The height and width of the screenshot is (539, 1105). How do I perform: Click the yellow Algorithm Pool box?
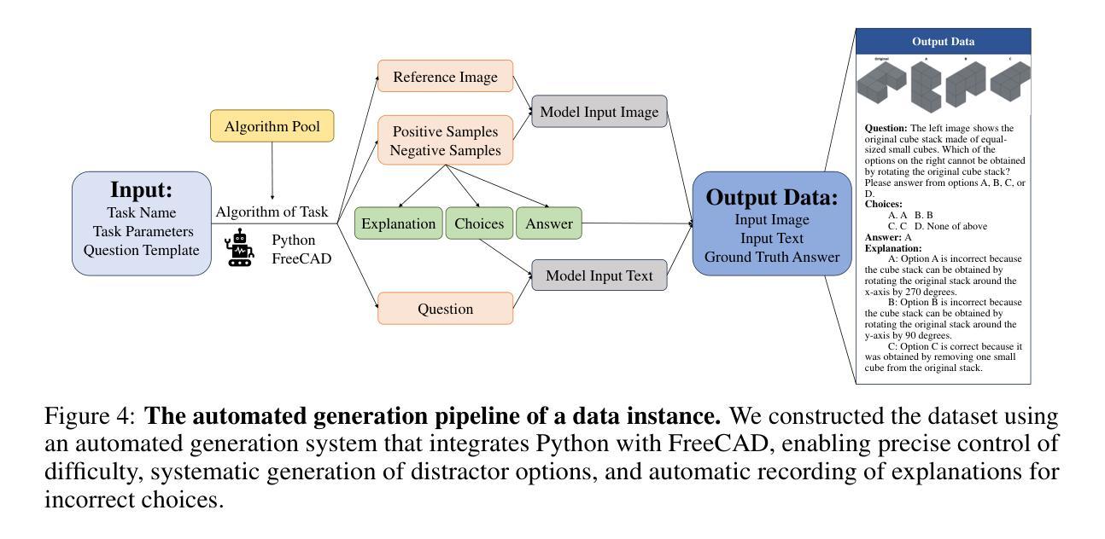[272, 126]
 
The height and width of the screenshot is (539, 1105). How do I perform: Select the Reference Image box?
[445, 77]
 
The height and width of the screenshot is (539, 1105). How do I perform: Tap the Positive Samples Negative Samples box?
[445, 141]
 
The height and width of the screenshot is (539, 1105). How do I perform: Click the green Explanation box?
[398, 223]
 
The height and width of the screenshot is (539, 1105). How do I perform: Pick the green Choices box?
[479, 223]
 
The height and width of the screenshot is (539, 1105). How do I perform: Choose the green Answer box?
[549, 223]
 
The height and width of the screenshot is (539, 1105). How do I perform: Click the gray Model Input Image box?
[599, 112]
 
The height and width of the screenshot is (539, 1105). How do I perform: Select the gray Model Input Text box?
[599, 275]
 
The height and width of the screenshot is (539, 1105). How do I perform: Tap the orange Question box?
[445, 309]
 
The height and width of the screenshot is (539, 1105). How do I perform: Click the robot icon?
[239, 247]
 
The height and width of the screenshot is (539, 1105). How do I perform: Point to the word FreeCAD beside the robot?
[301, 258]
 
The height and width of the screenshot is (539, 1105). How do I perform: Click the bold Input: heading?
[142, 189]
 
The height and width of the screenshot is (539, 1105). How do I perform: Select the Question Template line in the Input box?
[142, 250]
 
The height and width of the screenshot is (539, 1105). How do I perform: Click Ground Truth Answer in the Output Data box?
[772, 257]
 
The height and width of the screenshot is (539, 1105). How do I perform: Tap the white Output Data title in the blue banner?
[944, 42]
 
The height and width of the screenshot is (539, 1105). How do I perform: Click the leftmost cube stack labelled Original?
[882, 83]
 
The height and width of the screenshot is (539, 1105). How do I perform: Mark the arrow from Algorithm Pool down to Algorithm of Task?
[272, 171]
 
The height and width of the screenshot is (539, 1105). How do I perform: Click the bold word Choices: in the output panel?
[884, 204]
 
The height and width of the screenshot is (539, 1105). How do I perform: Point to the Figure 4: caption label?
[90, 416]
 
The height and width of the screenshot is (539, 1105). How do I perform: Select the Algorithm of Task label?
[272, 212]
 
